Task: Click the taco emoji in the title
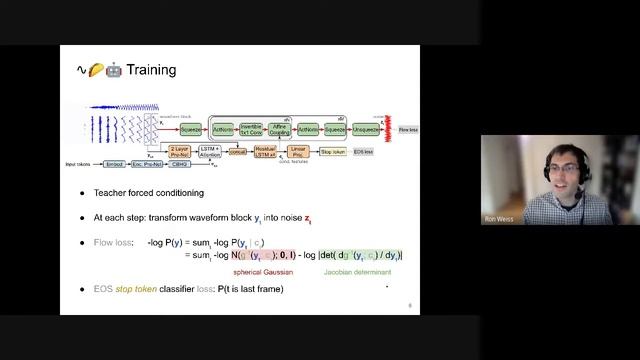click(x=97, y=70)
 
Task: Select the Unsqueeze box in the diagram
click(x=366, y=130)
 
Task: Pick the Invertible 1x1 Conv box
click(x=251, y=130)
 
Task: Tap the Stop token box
click(x=331, y=152)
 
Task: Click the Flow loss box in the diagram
click(x=408, y=130)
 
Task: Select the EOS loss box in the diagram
click(x=362, y=152)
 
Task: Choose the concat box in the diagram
click(x=237, y=152)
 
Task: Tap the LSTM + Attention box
click(x=209, y=152)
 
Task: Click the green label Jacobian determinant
click(x=356, y=271)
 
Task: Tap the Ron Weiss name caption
click(x=496, y=217)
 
